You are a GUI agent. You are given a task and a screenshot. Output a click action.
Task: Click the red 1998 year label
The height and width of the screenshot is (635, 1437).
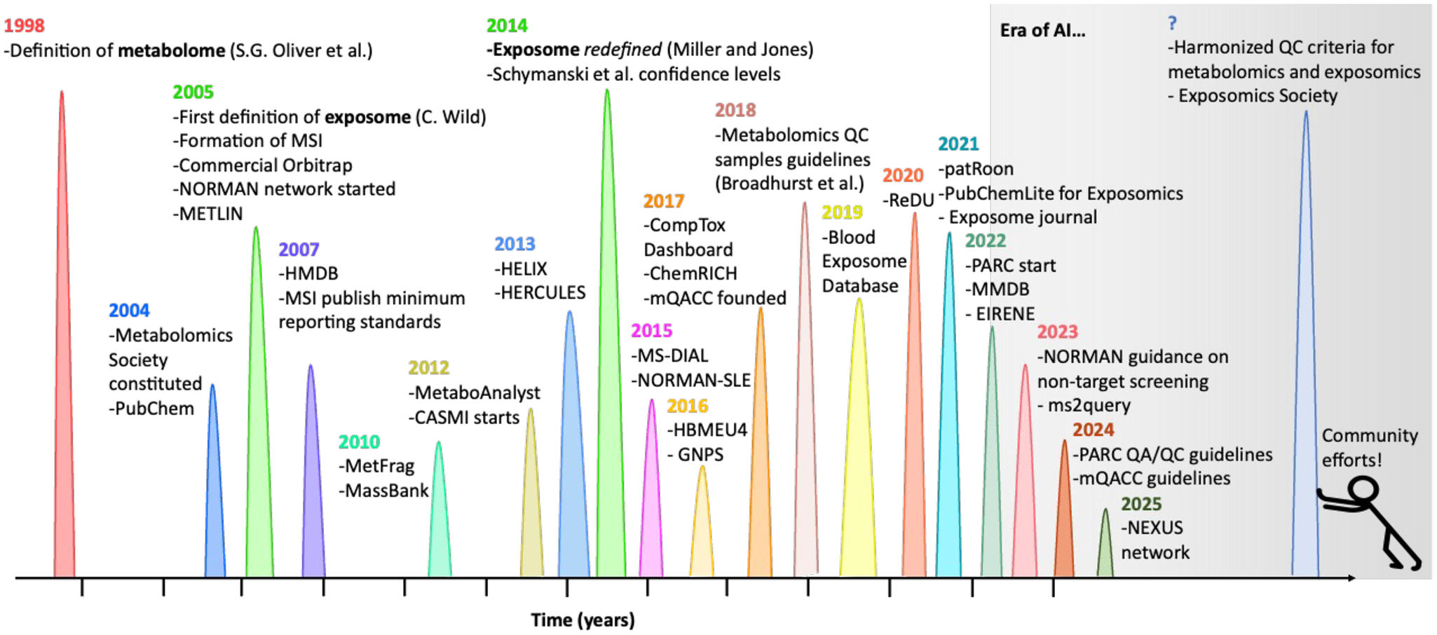click(x=24, y=26)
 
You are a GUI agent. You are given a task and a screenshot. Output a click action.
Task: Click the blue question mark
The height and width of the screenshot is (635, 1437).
click(x=1172, y=23)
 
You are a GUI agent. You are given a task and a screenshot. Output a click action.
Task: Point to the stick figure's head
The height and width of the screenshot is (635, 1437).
click(x=1363, y=490)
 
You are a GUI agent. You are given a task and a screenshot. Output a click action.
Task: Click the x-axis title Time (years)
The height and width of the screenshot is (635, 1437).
click(x=583, y=620)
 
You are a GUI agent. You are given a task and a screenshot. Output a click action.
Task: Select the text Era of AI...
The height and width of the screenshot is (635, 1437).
click(x=1042, y=31)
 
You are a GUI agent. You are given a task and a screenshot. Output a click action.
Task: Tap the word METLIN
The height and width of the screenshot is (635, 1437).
click(x=211, y=214)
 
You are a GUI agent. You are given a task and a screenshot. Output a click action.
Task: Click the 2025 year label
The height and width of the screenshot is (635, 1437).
click(x=1140, y=504)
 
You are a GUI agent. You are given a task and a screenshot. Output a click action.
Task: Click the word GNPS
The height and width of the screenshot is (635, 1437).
click(x=700, y=455)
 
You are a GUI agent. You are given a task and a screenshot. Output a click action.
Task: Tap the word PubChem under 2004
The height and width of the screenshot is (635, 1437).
click(x=154, y=409)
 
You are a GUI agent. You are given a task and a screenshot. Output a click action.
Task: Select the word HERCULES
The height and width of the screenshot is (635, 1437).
click(x=543, y=293)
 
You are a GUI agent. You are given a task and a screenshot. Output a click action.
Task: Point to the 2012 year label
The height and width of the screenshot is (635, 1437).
click(x=428, y=368)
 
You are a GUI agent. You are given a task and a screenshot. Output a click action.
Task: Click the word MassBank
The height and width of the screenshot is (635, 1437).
click(x=386, y=491)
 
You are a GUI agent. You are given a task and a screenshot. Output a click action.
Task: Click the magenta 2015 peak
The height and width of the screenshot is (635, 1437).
click(x=651, y=505)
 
